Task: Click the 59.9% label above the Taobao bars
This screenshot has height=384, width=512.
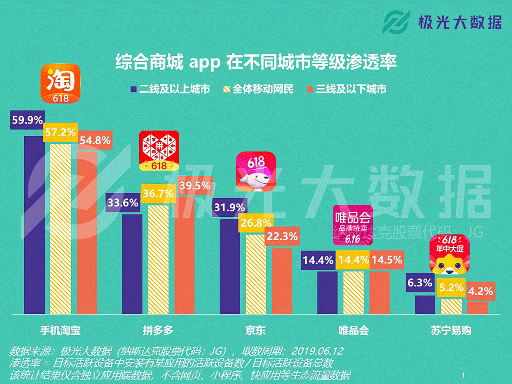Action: (27, 120)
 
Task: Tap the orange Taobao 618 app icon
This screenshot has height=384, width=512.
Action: (60, 84)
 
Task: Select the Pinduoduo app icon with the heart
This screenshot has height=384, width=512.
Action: (159, 151)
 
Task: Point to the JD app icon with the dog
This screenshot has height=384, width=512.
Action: (256, 171)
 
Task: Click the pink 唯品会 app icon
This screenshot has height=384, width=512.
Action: (353, 225)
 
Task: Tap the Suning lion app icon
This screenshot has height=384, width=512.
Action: (450, 254)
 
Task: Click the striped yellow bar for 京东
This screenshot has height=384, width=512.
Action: (256, 274)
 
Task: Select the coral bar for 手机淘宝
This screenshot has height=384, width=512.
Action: (87, 232)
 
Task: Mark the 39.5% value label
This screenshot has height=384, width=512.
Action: (195, 186)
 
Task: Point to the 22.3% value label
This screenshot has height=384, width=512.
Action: (282, 236)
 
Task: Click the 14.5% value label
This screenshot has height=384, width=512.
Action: (387, 260)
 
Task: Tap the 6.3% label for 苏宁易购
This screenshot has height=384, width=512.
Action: (420, 283)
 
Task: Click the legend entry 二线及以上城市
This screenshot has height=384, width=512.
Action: (171, 89)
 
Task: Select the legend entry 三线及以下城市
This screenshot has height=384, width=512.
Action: (347, 89)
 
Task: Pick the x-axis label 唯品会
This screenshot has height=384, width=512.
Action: (354, 330)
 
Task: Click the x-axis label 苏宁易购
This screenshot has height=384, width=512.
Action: (451, 330)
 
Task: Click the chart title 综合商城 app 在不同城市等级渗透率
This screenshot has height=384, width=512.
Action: (256, 62)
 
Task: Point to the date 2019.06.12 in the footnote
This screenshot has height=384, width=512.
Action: (317, 351)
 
